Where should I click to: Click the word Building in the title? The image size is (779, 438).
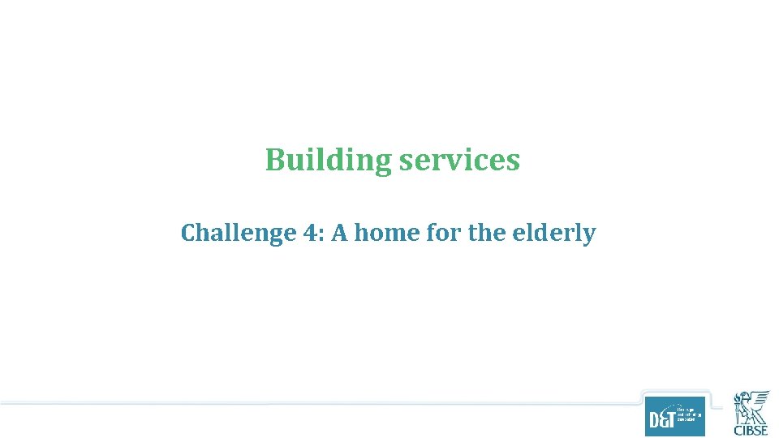[x=328, y=161]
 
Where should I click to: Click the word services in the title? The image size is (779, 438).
[x=459, y=160]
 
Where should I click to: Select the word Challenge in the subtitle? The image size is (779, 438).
[x=227, y=234]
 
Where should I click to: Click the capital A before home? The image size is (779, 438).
[x=339, y=234]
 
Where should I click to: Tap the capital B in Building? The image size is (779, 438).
[x=275, y=160]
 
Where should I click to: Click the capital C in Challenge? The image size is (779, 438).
[x=188, y=234]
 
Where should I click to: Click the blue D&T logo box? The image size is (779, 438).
[x=674, y=415]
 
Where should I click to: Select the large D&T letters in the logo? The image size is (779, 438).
[x=661, y=421]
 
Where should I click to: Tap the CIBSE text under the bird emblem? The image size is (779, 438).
[x=751, y=430]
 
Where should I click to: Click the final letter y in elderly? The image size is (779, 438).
[x=590, y=235]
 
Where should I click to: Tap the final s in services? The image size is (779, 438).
[x=513, y=161]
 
